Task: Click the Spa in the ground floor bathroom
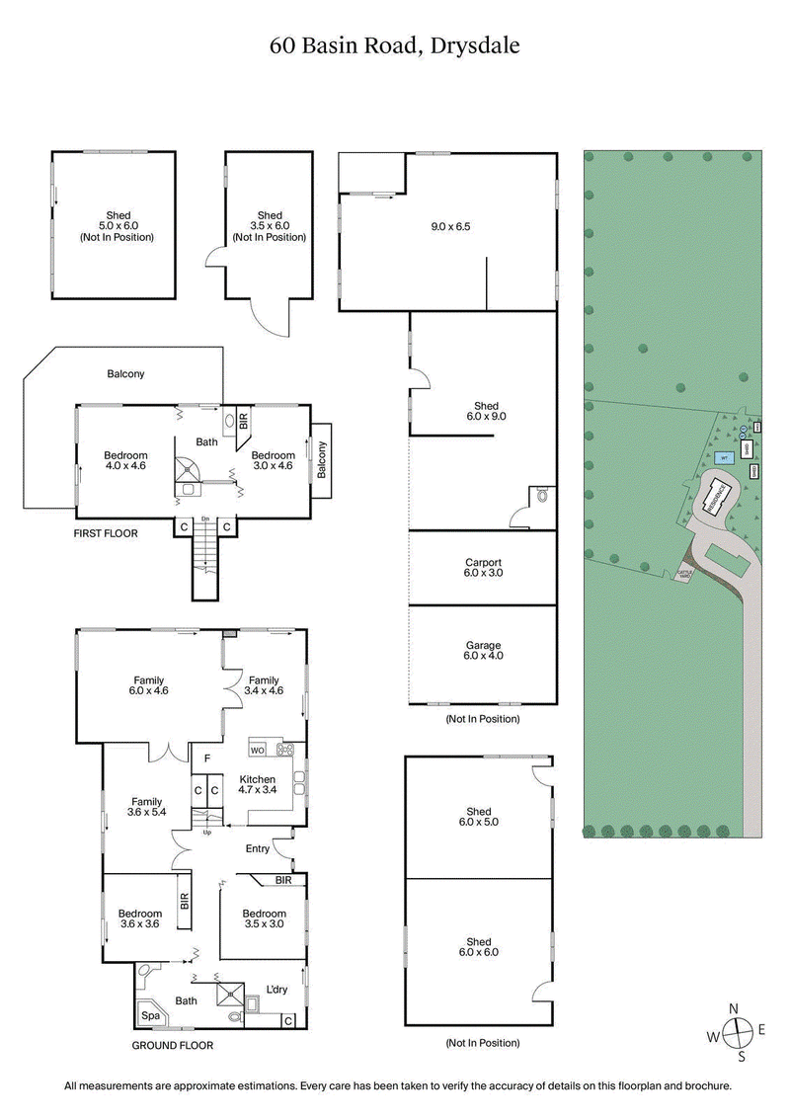[151, 1014]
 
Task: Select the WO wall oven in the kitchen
[258, 749]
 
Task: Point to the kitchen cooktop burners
[287, 749]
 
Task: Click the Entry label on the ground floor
[257, 848]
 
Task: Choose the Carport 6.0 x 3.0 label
[483, 568]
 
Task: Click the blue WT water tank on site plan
[723, 458]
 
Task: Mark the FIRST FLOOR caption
[106, 533]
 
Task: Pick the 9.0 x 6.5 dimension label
[450, 226]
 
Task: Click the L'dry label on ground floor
[276, 989]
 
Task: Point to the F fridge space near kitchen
[206, 759]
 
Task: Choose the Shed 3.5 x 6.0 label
[269, 226]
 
